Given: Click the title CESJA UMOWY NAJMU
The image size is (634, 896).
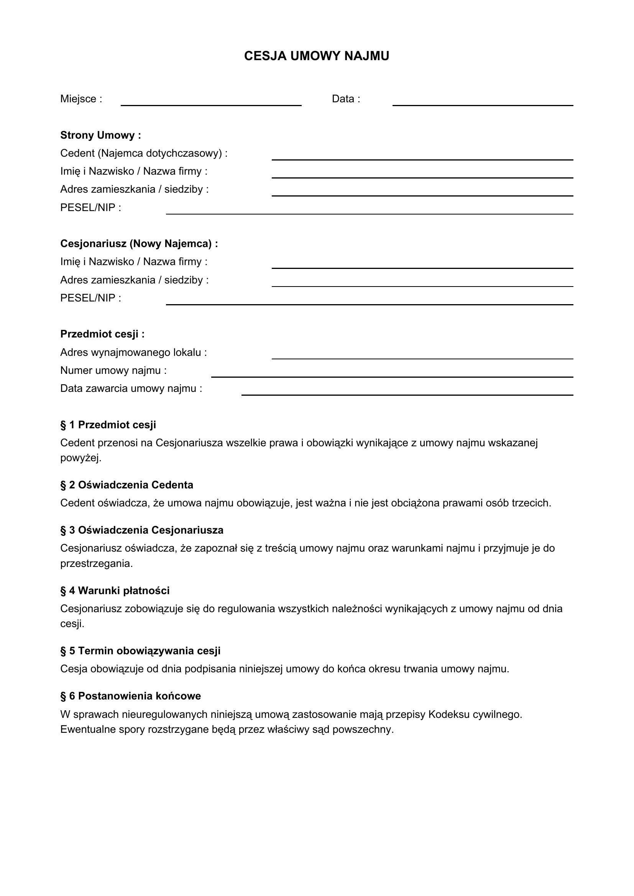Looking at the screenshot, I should point(317,56).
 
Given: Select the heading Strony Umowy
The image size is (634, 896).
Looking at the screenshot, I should point(100,135).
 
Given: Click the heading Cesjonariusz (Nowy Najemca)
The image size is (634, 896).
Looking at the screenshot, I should point(139,244).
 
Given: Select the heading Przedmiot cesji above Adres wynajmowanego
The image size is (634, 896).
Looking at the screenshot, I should point(102,334).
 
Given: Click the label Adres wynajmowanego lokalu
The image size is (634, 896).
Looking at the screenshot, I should point(133,352).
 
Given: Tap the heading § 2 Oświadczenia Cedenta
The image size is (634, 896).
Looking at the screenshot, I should point(126,485).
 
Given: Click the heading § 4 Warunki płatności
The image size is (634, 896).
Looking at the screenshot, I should point(115,591).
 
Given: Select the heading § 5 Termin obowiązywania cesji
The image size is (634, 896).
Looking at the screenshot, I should point(140,651).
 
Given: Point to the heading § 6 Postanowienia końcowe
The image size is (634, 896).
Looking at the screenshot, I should point(130,696).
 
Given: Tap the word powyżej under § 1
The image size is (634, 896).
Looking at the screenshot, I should point(81,458).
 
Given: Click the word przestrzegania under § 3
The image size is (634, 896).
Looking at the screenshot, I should point(97,563).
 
